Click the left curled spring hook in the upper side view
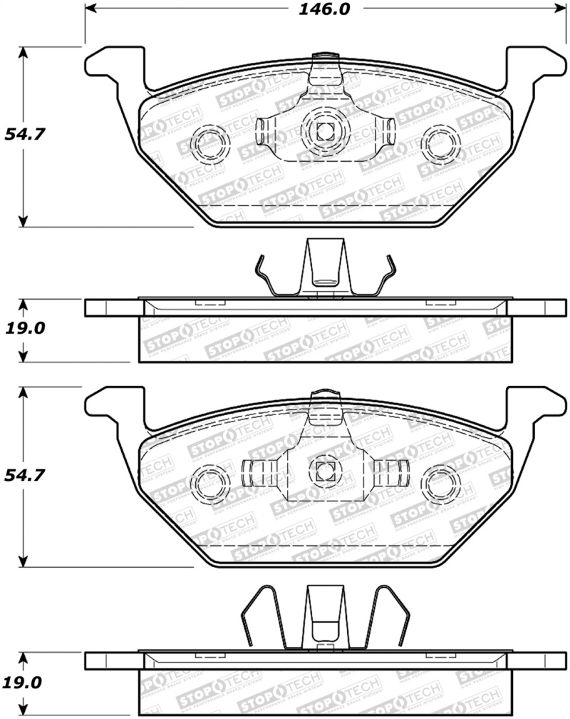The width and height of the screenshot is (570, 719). coord(264,275)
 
